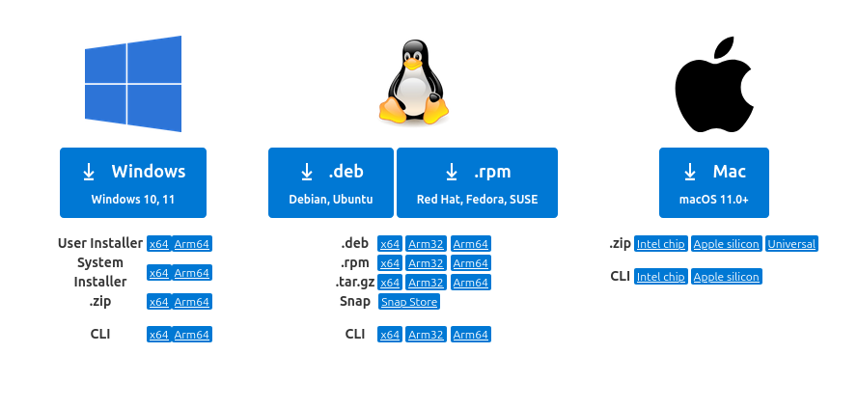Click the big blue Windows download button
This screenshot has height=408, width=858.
133,182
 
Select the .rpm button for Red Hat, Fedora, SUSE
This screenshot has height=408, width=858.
477,182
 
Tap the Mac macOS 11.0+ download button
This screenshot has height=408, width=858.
714,182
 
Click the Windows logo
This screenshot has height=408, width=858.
133,82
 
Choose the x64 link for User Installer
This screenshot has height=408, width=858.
158,244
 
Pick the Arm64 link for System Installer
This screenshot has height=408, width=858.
192,273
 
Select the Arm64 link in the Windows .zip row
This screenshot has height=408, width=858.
192,302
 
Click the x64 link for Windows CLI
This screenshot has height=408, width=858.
158,335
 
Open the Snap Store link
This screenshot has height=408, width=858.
409,302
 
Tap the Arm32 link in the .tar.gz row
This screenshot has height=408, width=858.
426,283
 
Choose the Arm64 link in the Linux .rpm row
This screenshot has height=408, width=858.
471,263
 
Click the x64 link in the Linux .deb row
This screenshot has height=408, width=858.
390,244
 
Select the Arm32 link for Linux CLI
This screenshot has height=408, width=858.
426,335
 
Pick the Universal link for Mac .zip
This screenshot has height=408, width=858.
792,244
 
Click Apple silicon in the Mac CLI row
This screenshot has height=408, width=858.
727,277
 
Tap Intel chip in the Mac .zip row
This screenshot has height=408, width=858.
661,244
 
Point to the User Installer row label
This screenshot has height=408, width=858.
100,244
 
